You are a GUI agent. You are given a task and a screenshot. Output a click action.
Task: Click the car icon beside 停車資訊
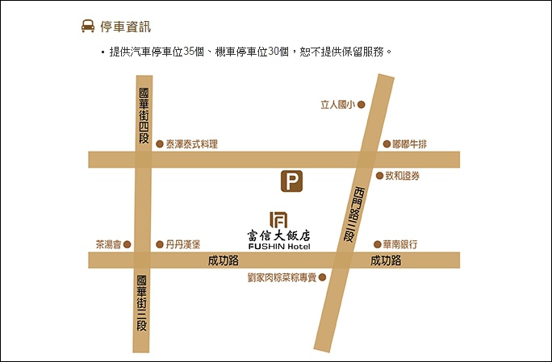[87, 27]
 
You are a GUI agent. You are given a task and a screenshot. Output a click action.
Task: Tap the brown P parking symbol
[291, 181]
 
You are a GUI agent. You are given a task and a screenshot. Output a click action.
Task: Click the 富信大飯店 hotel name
[278, 235]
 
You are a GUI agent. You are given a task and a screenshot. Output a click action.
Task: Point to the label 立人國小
[337, 104]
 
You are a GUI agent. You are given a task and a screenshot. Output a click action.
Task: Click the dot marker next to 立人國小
[362, 104]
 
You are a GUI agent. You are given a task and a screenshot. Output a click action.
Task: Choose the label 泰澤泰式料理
[192, 144]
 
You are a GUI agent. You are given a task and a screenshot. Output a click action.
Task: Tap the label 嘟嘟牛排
[409, 144]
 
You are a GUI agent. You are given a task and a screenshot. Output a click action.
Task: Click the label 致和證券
[402, 176]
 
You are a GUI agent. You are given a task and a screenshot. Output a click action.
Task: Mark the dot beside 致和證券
[379, 176]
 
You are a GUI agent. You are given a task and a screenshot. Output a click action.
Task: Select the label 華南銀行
[401, 244]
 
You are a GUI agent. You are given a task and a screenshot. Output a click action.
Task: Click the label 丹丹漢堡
[183, 244]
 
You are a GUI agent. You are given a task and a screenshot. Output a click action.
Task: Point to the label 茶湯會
[108, 244]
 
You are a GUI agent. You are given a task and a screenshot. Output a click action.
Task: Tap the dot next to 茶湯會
[127, 244]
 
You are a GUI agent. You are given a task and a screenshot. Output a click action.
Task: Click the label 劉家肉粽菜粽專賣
[282, 277]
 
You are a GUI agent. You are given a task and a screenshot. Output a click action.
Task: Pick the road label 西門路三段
[352, 214]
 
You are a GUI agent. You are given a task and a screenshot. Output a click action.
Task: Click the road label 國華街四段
[143, 116]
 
